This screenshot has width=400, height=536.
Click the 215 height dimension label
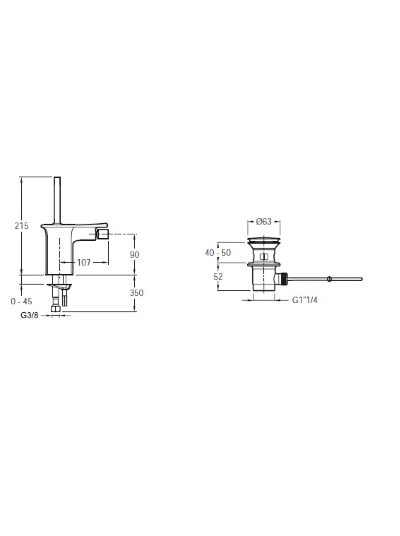[22, 226]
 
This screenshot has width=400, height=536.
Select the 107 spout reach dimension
[84, 262]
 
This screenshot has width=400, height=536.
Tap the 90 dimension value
[134, 255]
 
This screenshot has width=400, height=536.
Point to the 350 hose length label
[136, 293]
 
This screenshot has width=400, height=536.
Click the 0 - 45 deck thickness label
[22, 301]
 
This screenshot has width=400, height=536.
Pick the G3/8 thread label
[30, 315]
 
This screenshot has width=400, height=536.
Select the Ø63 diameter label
[264, 222]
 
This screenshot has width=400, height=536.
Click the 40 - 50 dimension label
[218, 253]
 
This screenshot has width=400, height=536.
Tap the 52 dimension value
[218, 277]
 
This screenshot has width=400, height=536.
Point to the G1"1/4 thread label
[305, 300]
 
